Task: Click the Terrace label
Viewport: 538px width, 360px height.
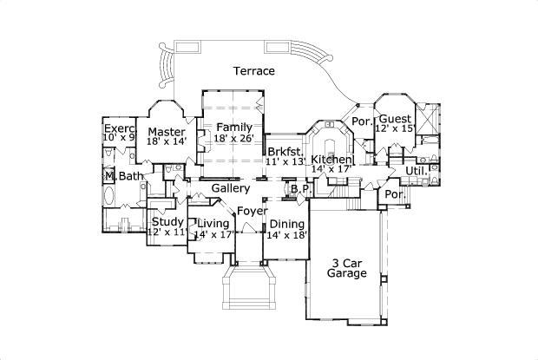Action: pos(253,71)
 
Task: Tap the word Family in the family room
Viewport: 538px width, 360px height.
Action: pos(234,128)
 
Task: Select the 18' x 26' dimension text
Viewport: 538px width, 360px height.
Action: pos(234,139)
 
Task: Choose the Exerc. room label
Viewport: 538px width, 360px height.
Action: pos(120,128)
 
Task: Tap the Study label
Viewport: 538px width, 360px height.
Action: pos(167,222)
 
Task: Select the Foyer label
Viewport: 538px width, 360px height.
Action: pos(252,211)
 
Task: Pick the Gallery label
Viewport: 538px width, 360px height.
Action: pos(231,188)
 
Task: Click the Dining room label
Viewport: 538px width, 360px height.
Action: pos(286,223)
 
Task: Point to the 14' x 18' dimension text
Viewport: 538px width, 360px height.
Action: pos(286,234)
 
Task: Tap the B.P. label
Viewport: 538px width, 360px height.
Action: pos(300,188)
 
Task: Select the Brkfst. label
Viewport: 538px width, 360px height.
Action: pos(285,150)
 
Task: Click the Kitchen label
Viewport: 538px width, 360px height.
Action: pos(332,160)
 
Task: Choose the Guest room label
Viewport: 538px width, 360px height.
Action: pos(395,118)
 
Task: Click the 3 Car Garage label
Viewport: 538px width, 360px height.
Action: pos(346,267)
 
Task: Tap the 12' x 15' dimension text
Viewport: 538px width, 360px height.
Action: pos(395,128)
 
